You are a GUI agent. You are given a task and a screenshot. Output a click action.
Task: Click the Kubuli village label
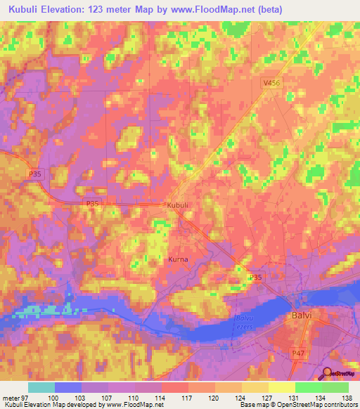pos(176,205)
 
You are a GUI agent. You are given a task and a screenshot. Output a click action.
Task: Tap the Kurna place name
pos(178,259)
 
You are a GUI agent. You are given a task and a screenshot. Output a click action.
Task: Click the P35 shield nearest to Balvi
pos(255,278)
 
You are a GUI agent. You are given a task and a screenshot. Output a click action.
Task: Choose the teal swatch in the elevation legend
pos(41,387)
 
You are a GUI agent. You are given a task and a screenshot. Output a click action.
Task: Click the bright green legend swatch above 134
pos(309,387)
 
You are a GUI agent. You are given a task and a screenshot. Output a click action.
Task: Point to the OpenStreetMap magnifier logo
pos(326,374)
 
